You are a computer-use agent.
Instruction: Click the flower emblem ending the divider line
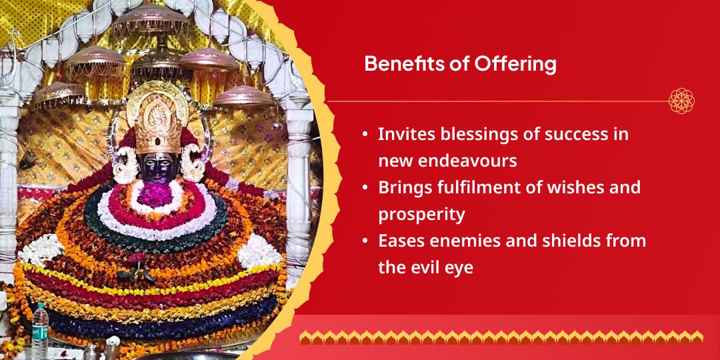681,101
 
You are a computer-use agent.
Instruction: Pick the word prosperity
422,215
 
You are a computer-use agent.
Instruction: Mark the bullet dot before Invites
365,134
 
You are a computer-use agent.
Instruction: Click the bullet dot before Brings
365,187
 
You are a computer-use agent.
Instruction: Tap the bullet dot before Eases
365,241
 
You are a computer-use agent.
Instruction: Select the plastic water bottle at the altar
41,330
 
